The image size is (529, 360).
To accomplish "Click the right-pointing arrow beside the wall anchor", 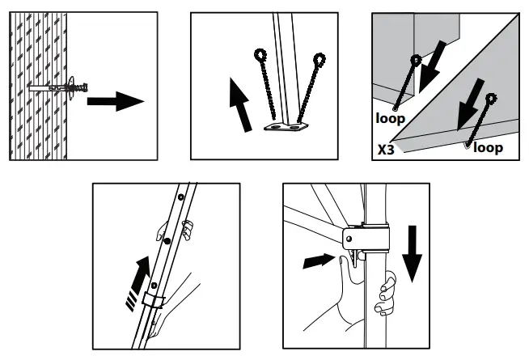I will pos(115,101).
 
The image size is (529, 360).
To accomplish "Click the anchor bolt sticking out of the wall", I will pos(61,86).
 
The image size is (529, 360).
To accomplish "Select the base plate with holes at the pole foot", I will pos(287,126).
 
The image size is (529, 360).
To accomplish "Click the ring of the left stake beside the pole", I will pos(260,55).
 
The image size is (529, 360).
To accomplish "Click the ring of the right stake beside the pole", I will pos(320,58).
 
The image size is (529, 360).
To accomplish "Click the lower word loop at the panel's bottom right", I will pos(488,147).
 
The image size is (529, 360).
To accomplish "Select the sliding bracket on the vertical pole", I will pos(366,242).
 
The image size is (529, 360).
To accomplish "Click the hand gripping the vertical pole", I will pos(385,296).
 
